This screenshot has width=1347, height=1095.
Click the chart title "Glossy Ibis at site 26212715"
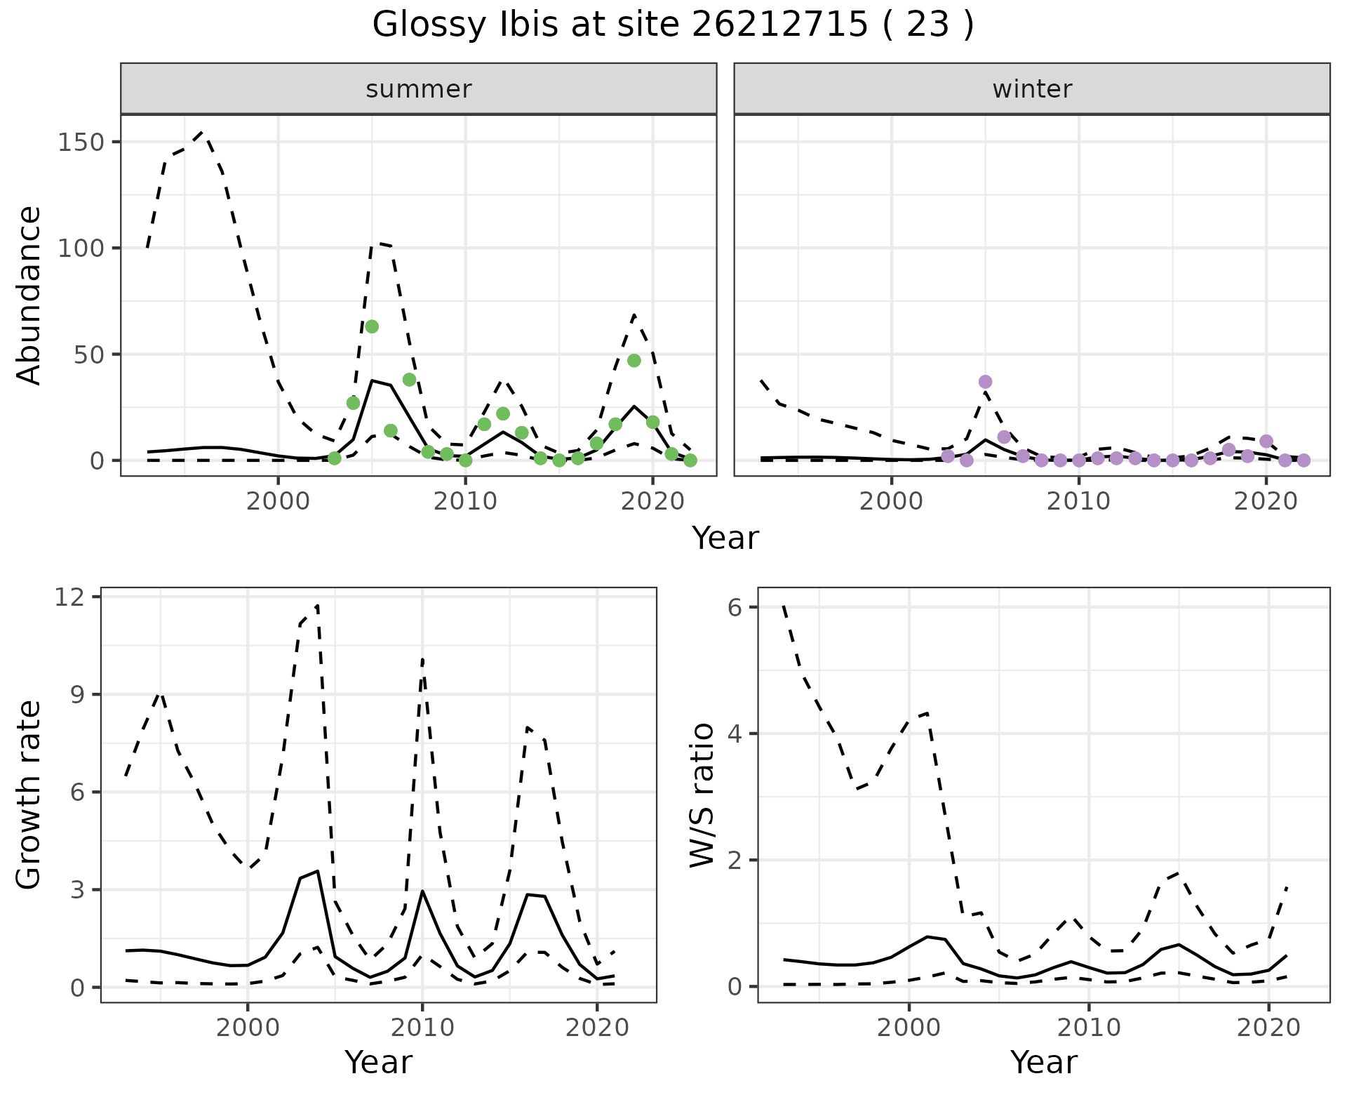tap(672, 25)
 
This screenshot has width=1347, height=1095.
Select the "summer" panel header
tap(418, 89)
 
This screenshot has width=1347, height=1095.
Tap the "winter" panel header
tap(1031, 89)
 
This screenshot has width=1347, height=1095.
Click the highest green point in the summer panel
tap(372, 326)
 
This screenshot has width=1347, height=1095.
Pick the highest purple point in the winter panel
tap(985, 382)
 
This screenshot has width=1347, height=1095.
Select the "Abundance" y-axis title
tap(29, 295)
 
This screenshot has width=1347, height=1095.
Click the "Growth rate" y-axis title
tap(29, 795)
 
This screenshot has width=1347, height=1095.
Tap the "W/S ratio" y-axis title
tap(702, 795)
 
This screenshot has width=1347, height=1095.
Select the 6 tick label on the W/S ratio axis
tap(735, 607)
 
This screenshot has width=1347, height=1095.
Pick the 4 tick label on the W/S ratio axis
tap(735, 734)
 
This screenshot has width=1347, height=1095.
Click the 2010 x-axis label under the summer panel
tap(466, 502)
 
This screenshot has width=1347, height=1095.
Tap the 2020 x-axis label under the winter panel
tap(1266, 502)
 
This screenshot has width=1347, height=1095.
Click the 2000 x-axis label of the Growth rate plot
tap(248, 1028)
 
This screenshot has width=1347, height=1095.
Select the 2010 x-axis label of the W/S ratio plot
tap(1089, 1028)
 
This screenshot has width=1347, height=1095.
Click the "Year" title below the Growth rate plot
tap(378, 1063)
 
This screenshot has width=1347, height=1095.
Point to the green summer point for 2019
tap(634, 361)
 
